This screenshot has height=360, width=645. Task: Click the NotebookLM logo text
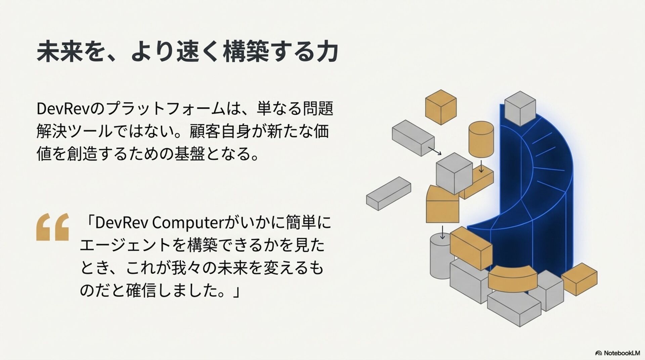coord(621,353)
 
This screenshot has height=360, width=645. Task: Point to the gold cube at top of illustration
coord(441,107)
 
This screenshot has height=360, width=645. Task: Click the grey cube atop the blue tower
coord(520,108)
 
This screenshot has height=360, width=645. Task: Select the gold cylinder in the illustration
coord(481,139)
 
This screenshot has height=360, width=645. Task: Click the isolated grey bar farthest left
coord(388,193)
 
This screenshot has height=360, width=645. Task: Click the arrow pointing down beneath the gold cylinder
coord(481,167)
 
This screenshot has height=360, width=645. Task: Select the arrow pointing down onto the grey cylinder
coord(442,232)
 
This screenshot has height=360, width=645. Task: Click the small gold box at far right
coord(579,279)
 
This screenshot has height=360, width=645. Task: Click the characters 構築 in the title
coord(245,52)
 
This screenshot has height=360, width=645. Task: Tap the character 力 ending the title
coord(326,52)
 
